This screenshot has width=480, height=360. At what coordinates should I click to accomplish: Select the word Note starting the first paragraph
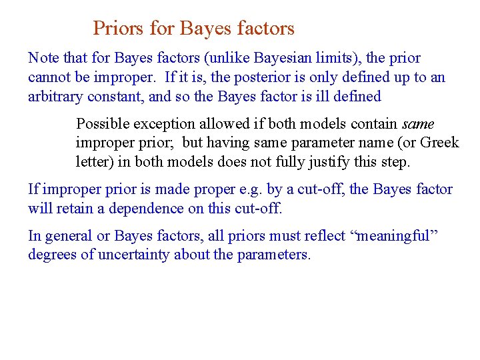pos(43,58)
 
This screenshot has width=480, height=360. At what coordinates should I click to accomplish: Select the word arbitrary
pos(56,97)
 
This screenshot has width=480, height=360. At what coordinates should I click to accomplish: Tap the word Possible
pos(103,124)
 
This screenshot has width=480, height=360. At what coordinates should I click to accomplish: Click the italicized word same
pos(418,124)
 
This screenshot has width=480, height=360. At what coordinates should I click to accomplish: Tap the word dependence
pos(140,209)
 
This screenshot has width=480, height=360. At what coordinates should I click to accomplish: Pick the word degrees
pos(52,255)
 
